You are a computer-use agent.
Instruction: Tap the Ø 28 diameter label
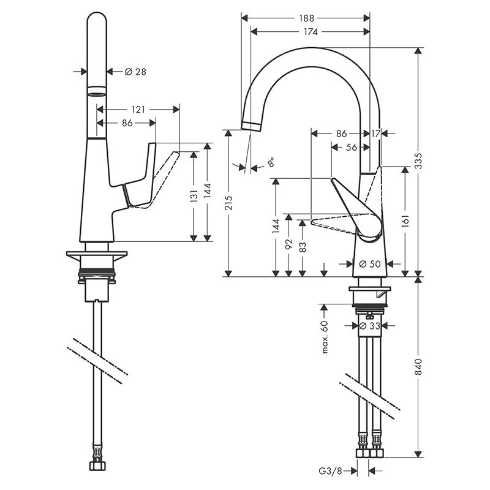point(135,72)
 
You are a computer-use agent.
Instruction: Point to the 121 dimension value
point(138,109)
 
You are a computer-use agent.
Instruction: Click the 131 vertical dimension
point(194,196)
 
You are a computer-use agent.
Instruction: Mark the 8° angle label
point(271,163)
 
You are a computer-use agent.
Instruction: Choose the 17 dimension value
point(375,133)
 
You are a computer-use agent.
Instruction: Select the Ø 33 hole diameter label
point(370,326)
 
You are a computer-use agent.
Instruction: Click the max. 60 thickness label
point(325,336)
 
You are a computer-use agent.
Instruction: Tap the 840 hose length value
point(419,366)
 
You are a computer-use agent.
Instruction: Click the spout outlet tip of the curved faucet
point(251,126)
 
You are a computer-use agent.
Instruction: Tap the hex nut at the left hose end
point(96,467)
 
